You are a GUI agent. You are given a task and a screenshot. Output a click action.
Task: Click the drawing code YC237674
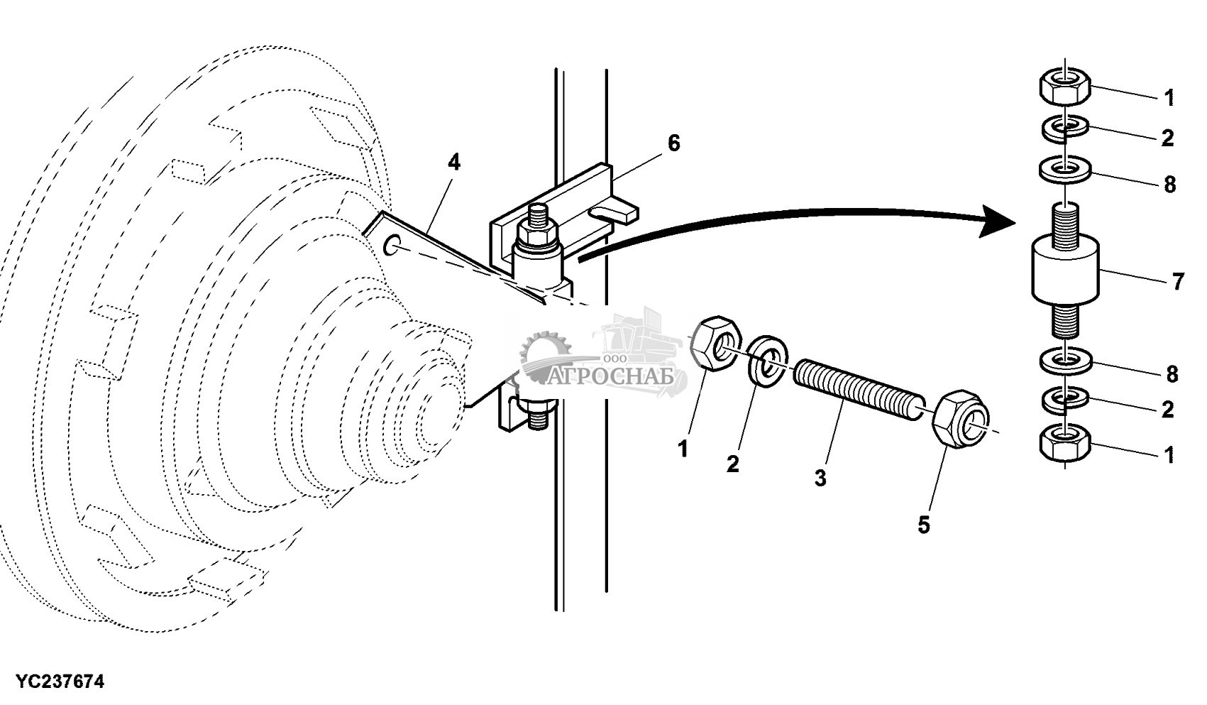(x=60, y=682)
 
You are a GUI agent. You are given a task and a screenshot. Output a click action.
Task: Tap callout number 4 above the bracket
(x=454, y=162)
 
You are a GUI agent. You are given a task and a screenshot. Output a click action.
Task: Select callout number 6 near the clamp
(x=673, y=143)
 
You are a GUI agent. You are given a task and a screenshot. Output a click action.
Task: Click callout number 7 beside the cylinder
(x=1179, y=281)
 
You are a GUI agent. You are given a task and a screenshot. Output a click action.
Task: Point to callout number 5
(x=924, y=525)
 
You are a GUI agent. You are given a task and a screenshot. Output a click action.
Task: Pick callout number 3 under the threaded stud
(x=820, y=478)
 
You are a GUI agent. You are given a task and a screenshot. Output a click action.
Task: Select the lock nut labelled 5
(x=961, y=417)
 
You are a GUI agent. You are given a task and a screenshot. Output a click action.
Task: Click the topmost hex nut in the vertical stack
(x=1065, y=86)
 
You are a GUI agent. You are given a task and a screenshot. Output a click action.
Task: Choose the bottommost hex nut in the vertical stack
(x=1065, y=442)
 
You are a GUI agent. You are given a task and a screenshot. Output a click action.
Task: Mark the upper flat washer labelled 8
(x=1065, y=170)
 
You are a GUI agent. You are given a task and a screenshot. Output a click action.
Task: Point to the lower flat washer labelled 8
(x=1065, y=361)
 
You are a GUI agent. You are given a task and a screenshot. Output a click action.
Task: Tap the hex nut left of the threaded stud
(x=716, y=344)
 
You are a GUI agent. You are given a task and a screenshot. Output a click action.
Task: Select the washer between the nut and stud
(x=768, y=361)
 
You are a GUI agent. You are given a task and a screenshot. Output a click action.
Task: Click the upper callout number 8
(x=1169, y=185)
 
